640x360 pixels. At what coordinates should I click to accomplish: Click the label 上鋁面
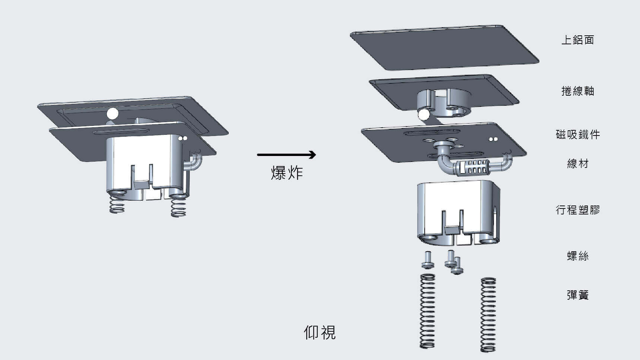[x=577, y=40]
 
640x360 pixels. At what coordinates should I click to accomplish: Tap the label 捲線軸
[x=577, y=91]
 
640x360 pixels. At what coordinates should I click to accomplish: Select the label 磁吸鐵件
[x=577, y=134]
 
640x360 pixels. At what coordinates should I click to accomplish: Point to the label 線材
[x=577, y=163]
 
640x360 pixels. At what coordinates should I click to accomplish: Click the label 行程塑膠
[x=577, y=210]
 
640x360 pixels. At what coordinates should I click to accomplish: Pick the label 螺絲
[x=577, y=256]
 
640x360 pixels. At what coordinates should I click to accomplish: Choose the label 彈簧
[x=577, y=295]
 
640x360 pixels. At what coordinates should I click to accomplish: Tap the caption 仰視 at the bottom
[x=320, y=332]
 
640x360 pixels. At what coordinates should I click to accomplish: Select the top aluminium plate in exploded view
[x=443, y=48]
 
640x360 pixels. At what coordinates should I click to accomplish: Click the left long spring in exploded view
[x=428, y=311]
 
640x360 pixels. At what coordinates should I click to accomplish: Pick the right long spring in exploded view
[x=488, y=315]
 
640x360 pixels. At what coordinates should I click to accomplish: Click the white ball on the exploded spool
[x=423, y=115]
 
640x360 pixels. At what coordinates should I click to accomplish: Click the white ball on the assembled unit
[x=113, y=113]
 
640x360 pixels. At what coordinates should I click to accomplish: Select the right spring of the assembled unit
[x=178, y=207]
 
